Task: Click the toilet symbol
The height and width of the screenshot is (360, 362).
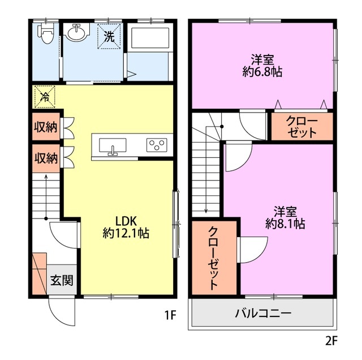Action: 46,34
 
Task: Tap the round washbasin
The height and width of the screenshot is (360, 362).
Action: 76,33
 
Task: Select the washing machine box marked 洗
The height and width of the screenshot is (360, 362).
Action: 109,36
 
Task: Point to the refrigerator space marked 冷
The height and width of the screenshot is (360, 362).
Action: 45,97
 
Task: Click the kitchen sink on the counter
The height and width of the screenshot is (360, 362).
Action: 113,146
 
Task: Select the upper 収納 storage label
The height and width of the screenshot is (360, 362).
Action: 46,127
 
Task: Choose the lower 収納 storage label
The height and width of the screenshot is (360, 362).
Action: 46,158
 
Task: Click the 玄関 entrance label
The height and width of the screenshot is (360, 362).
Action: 62,280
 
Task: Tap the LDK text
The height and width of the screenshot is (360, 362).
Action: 126,221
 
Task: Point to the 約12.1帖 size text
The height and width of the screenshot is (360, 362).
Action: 126,233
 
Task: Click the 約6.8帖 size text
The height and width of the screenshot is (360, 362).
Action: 262,72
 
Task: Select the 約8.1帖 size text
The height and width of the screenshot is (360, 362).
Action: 285,224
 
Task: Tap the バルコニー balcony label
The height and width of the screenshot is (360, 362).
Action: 264,314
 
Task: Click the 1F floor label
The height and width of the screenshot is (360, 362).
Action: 170,315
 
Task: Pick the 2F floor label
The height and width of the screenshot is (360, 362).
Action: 331,341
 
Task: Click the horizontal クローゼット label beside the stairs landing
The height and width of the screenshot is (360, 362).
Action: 301,127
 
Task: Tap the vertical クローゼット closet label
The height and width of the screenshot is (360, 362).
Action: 214,258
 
